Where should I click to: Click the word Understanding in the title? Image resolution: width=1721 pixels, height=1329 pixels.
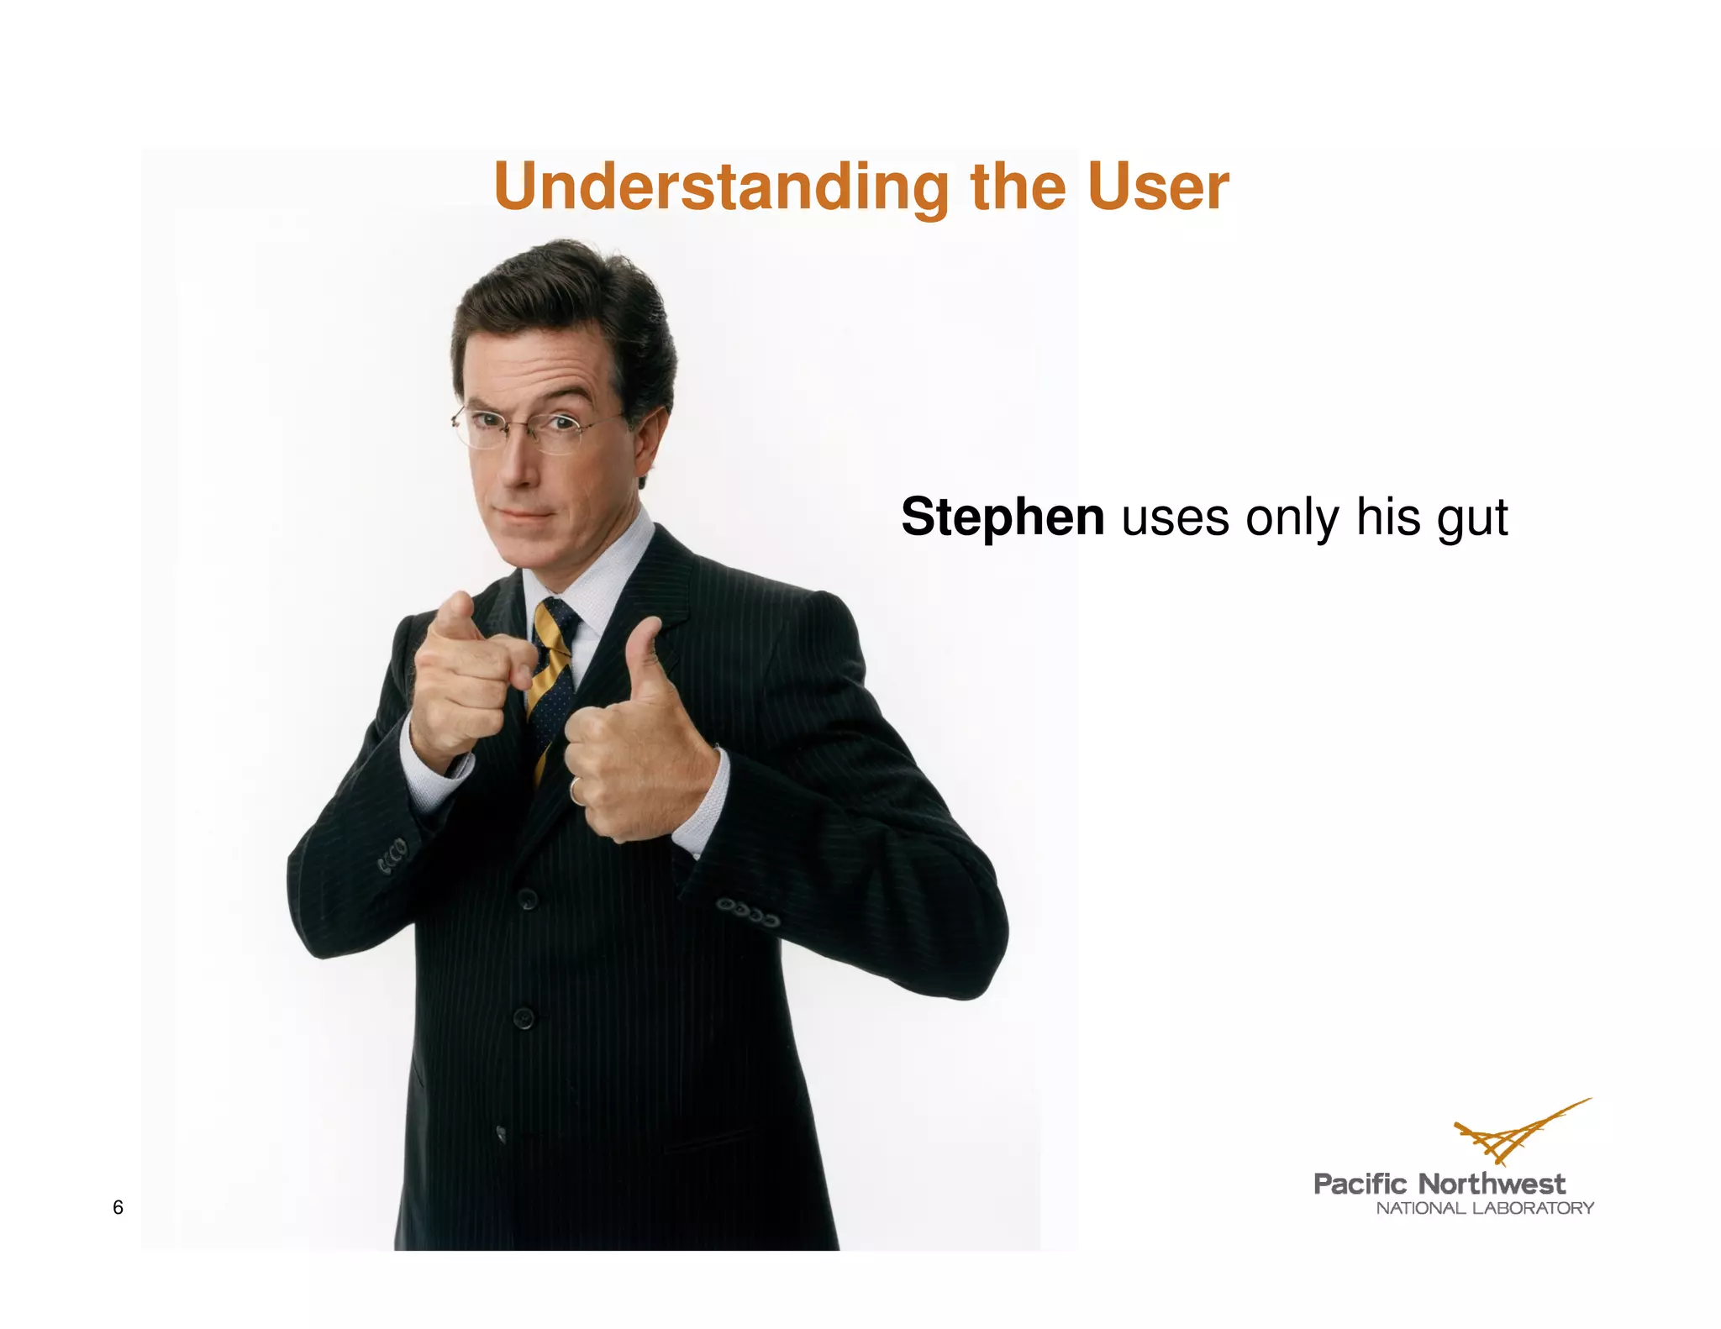[x=721, y=186]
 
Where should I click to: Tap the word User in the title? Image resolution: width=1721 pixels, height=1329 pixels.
[x=1157, y=186]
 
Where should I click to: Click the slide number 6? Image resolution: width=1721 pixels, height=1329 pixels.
[x=118, y=1207]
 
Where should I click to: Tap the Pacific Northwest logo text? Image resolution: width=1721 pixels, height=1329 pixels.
[x=1439, y=1184]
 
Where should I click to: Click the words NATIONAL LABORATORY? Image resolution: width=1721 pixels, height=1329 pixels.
[x=1484, y=1208]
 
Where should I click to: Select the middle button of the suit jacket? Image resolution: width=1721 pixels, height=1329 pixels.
[x=524, y=1019]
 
